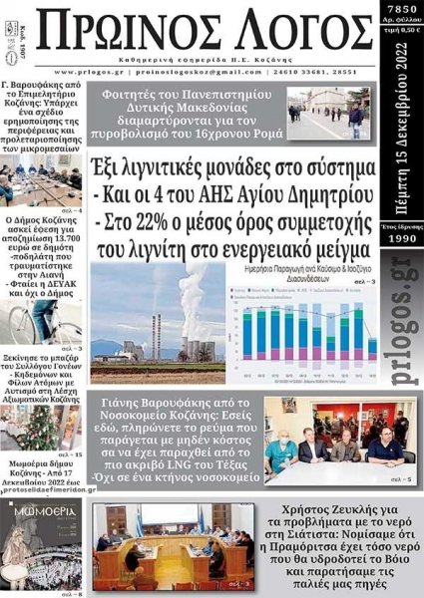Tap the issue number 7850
coord(402,10)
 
